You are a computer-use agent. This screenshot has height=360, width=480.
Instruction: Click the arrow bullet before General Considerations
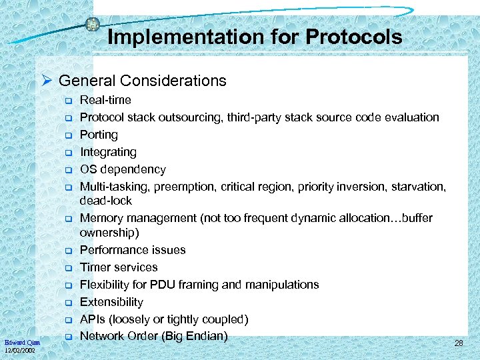coord(47,81)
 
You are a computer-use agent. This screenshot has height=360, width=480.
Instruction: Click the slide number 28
coord(458,343)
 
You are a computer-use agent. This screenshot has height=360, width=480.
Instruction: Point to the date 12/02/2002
coord(20,350)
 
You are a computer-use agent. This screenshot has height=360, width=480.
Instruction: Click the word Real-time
coord(105,100)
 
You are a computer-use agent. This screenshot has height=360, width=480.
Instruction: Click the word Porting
coord(99,135)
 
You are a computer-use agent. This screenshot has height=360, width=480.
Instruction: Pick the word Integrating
coord(108,152)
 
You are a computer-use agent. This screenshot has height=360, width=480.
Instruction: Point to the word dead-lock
coord(106,201)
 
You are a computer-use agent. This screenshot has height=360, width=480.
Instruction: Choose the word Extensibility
coord(111,302)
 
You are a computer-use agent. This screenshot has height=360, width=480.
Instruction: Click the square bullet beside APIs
coord(67,320)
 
